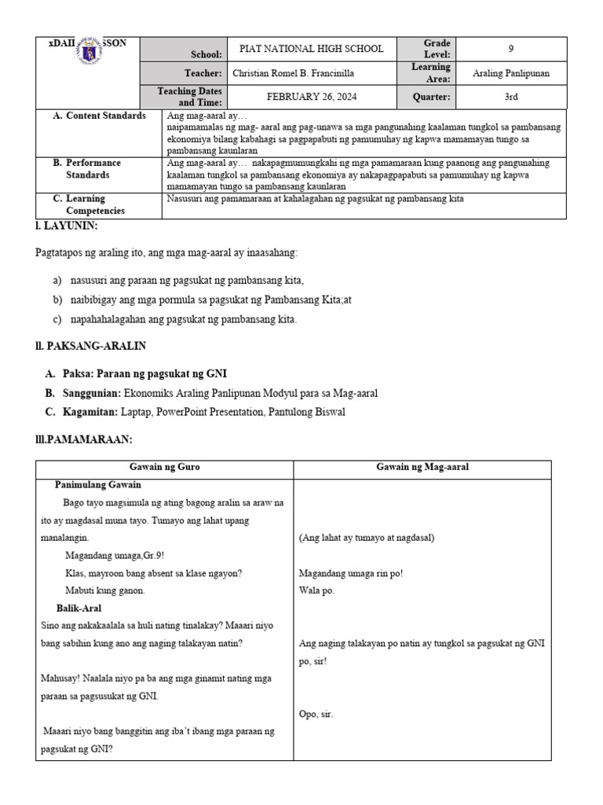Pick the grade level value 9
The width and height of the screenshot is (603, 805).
(511, 49)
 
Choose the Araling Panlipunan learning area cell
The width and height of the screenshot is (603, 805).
(511, 73)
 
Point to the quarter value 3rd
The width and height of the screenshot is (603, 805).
(511, 97)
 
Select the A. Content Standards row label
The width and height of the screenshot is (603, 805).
(99, 116)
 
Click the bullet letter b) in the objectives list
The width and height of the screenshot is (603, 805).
(57, 300)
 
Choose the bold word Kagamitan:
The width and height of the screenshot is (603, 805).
(88, 411)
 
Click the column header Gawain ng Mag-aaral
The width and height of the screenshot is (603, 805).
(422, 467)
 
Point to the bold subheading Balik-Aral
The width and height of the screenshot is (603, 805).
(79, 608)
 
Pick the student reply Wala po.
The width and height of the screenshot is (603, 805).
(316, 590)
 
